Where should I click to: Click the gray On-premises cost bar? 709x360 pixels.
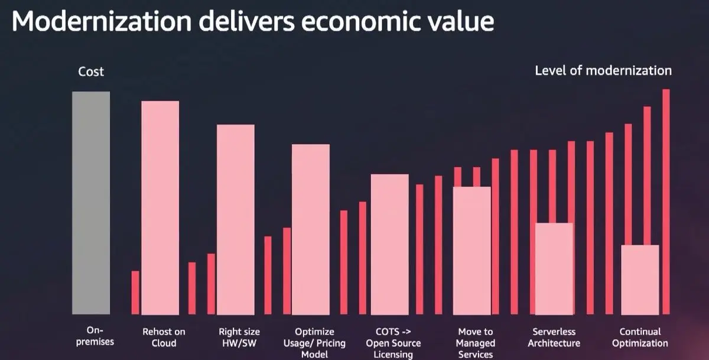point(91,203)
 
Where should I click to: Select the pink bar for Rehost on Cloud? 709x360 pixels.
point(160,207)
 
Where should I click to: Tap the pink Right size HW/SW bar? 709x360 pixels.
point(236,219)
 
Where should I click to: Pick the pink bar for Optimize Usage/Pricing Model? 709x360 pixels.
point(311,229)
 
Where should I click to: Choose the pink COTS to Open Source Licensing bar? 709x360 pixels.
point(389,244)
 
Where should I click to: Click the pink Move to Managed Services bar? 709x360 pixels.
point(471,250)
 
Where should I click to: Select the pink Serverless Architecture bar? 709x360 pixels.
point(554,268)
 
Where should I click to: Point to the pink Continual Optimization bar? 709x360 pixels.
point(640,279)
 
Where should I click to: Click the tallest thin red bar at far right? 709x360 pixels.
point(666,201)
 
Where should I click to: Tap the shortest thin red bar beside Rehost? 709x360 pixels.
point(135,292)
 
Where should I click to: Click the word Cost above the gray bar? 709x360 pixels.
point(91,72)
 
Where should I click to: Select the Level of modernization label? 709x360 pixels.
point(603,71)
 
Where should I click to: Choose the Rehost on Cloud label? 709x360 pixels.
point(164,338)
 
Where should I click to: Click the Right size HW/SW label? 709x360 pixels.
point(239,338)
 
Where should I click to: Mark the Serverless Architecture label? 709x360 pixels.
point(554,338)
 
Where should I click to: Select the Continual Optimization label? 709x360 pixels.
point(640,338)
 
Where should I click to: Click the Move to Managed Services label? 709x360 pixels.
point(475,343)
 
